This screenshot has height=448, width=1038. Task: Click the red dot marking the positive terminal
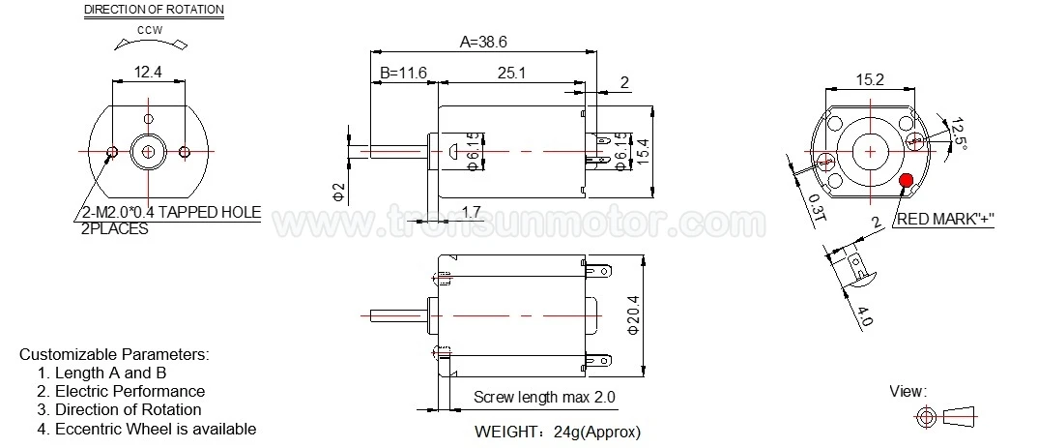(x=907, y=180)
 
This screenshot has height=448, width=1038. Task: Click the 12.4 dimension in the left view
(x=147, y=71)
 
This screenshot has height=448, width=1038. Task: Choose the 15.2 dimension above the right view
(x=869, y=80)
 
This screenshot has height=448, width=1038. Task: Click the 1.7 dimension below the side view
(x=473, y=211)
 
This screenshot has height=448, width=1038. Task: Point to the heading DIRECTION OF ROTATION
(x=154, y=11)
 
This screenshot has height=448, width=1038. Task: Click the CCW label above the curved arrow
(x=148, y=31)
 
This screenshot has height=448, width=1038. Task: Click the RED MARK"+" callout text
(x=946, y=220)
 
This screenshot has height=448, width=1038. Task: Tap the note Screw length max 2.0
(x=544, y=398)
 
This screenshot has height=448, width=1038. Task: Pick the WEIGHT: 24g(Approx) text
(x=558, y=432)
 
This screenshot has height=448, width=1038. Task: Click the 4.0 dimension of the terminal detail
(x=862, y=315)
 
